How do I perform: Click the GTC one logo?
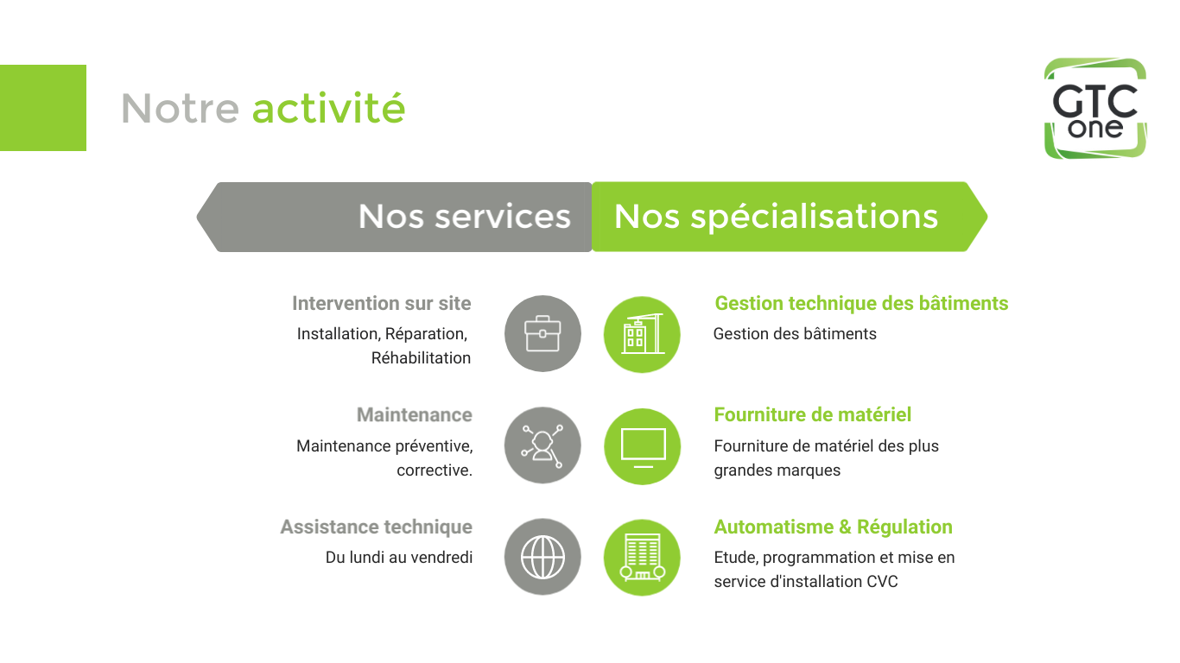[x=1094, y=109]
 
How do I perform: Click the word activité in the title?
[x=328, y=108]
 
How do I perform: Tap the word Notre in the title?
[x=180, y=109]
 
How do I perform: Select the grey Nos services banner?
[x=396, y=217]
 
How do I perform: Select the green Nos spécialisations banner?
[x=788, y=217]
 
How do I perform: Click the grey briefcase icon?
[x=542, y=334]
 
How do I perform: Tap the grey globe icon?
[x=542, y=557]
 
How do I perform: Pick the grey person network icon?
[x=542, y=445]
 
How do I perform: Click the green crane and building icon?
[x=642, y=334]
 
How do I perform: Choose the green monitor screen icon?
[x=642, y=445]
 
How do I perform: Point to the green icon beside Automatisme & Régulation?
[x=642, y=557]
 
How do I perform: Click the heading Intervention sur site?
[x=381, y=304]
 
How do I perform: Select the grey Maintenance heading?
[x=414, y=415]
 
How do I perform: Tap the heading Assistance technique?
[x=376, y=527]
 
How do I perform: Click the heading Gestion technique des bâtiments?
[x=861, y=304]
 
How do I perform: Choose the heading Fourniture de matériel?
[x=812, y=415]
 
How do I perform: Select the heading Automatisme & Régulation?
[x=833, y=527]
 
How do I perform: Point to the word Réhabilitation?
[x=421, y=358]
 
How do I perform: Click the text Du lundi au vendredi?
[x=398, y=558]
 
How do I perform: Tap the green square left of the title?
[x=43, y=108]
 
